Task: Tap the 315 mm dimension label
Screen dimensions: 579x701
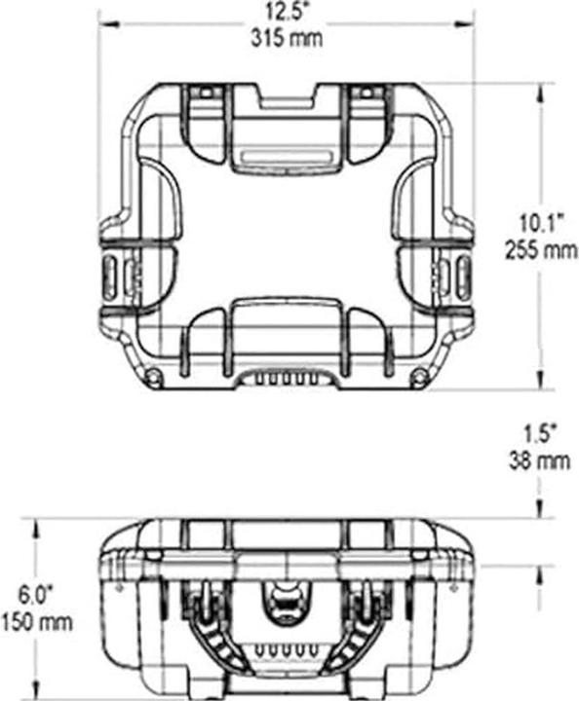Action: [287, 38]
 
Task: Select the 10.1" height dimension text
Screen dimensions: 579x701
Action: [541, 223]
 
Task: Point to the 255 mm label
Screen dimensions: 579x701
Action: [541, 250]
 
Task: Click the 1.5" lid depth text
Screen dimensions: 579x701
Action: [540, 433]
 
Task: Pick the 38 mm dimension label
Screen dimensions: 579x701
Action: [540, 461]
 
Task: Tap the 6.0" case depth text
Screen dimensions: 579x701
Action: [36, 595]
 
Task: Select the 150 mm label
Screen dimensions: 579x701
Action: [36, 622]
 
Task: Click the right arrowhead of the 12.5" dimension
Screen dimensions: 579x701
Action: [464, 23]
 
